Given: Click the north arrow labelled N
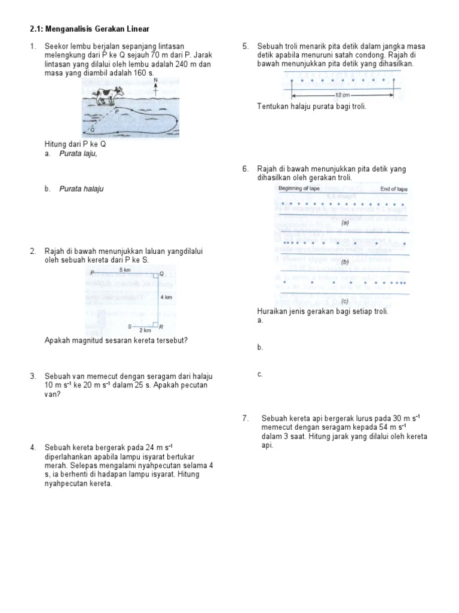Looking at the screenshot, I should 155,86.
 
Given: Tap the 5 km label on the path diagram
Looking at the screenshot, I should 125,270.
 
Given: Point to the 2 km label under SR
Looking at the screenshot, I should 145,330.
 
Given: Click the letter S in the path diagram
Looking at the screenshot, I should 130,326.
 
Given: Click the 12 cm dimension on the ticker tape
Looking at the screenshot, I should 342,95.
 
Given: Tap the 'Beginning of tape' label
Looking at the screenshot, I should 300,189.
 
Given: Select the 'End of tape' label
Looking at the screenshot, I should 394,189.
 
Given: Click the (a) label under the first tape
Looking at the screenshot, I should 345,222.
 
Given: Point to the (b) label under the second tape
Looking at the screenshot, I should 345,262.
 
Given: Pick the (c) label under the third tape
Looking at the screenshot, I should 344,301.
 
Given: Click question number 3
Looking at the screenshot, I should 33,376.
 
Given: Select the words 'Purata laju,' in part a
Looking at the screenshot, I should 78,153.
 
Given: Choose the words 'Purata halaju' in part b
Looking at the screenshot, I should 81,189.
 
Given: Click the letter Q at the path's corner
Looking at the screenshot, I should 161,274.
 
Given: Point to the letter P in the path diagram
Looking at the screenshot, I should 92,273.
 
